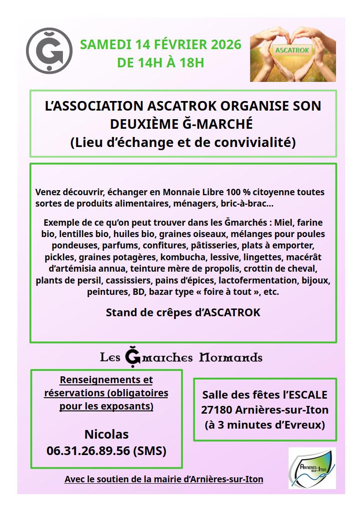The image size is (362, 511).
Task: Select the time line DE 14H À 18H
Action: click(x=160, y=62)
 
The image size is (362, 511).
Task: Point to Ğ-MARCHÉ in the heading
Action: click(x=221, y=124)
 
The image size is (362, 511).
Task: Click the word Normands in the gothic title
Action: click(x=231, y=357)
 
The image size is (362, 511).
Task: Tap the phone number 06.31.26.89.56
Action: click(x=88, y=451)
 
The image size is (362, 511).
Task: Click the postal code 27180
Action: click(x=217, y=410)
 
